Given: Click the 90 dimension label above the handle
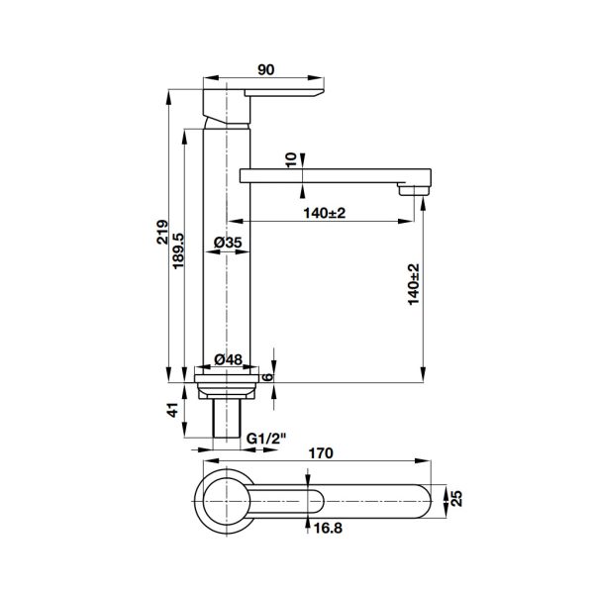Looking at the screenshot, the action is pyautogui.click(x=265, y=69).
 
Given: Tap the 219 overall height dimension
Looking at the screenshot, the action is pyautogui.click(x=162, y=232).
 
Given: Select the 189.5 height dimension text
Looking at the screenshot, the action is pyautogui.click(x=178, y=250).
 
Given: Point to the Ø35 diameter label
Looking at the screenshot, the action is pyautogui.click(x=228, y=243).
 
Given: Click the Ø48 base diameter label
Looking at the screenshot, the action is pyautogui.click(x=228, y=359).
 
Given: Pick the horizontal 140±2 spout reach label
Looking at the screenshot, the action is pyautogui.click(x=325, y=213).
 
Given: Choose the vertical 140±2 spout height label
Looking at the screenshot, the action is pyautogui.click(x=414, y=284).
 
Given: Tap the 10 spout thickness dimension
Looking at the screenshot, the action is pyautogui.click(x=290, y=160).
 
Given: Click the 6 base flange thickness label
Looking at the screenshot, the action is pyautogui.click(x=267, y=377).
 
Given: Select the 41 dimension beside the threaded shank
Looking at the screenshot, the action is pyautogui.click(x=172, y=410).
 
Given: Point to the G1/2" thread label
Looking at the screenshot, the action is pyautogui.click(x=266, y=439).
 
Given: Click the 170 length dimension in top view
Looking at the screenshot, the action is pyautogui.click(x=321, y=453).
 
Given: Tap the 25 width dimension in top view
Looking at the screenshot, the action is pyautogui.click(x=457, y=498).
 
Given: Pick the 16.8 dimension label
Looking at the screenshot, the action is pyautogui.click(x=328, y=528).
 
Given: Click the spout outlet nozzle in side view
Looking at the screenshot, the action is pyautogui.click(x=414, y=189).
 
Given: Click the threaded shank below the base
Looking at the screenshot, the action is pyautogui.click(x=227, y=418).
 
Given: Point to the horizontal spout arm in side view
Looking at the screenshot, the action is pyautogui.click(x=336, y=176).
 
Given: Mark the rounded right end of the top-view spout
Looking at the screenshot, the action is pyautogui.click(x=431, y=501).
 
